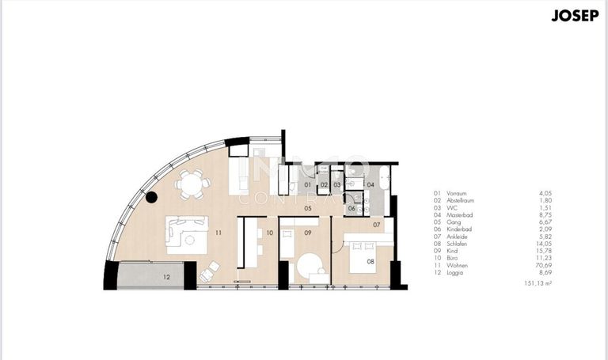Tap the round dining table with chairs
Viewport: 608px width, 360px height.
click(190, 184)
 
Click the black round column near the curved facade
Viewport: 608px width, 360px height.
click(151, 198)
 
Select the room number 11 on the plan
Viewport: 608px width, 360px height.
click(218, 233)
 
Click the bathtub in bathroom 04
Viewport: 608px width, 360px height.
click(384, 179)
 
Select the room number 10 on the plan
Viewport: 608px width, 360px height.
click(269, 233)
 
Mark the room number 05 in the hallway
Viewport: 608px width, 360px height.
click(306, 210)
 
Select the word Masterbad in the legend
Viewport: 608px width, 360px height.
click(461, 214)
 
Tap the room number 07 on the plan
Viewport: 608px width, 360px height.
click(377, 225)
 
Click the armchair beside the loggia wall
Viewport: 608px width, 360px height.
click(207, 272)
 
